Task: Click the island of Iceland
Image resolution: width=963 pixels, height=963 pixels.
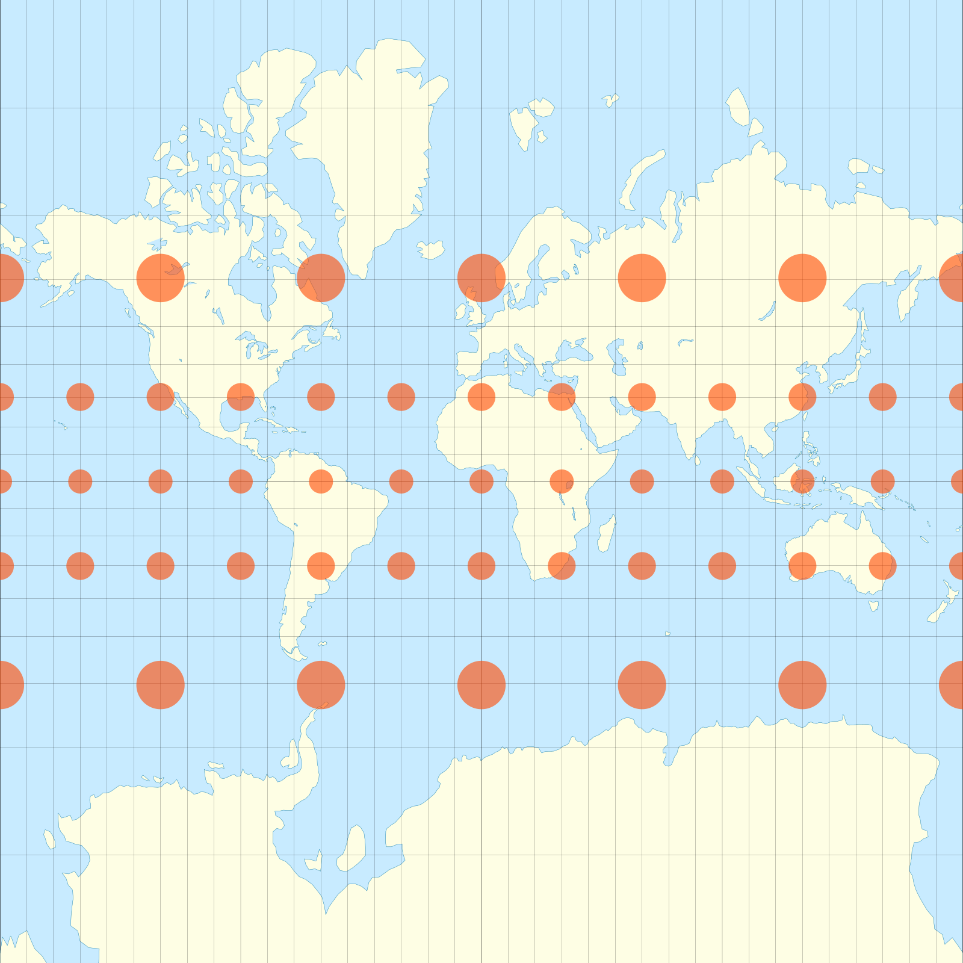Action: coord(431,249)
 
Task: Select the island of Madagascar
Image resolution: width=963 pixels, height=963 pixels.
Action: coord(607,533)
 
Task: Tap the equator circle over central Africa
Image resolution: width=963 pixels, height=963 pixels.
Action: coord(562,482)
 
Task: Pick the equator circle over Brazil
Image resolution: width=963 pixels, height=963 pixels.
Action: coord(321,482)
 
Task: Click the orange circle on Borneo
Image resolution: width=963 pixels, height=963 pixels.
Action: coord(802,482)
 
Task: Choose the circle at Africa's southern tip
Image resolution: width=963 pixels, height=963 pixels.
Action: coord(562,566)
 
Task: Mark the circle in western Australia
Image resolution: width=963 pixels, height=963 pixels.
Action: coord(802,566)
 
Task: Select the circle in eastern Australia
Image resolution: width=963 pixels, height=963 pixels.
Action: coord(882,566)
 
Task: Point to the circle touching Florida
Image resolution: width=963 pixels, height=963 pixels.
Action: coord(241,397)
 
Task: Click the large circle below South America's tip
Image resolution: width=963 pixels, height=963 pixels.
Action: coord(321,685)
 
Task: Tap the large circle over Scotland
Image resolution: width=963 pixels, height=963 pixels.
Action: coord(482,277)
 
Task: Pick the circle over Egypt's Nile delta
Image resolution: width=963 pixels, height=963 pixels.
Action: coord(562,397)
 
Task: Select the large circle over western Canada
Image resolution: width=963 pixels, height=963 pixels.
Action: coord(160,277)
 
